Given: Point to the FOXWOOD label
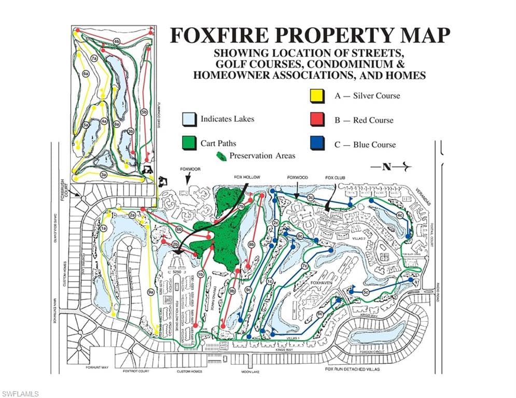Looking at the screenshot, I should point(298,177).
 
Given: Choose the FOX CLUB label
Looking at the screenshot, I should point(335,177).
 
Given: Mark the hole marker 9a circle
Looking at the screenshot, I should point(151,293).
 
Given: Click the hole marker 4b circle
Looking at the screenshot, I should point(117,41).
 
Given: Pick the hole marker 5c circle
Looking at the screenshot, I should point(366,293).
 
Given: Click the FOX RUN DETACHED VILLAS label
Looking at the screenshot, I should point(353,369).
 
